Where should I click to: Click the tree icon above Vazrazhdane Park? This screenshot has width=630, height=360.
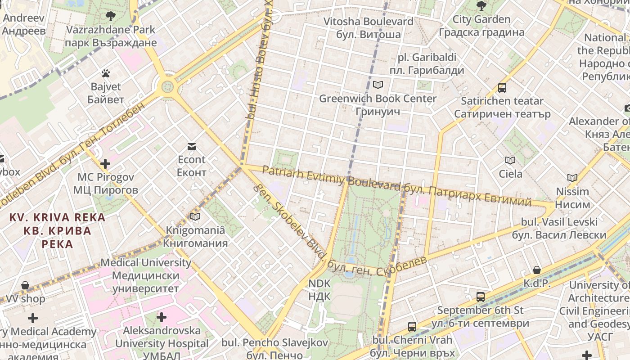(110, 17)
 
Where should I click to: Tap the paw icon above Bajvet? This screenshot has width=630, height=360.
(106, 73)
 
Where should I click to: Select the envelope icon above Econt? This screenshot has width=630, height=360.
(192, 146)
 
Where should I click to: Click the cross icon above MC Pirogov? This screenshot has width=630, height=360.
(105, 164)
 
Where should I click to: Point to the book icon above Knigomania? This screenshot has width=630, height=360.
(195, 217)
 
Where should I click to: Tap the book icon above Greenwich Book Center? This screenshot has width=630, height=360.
(378, 85)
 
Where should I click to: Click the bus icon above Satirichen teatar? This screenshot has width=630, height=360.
(502, 88)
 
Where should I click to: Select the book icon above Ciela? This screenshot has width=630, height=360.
(510, 161)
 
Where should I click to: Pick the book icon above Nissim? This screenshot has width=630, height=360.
(572, 178)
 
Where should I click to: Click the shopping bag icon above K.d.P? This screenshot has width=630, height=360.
(537, 270)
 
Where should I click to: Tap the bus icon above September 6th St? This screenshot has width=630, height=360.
(481, 297)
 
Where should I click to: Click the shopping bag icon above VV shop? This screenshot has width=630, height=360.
(25, 285)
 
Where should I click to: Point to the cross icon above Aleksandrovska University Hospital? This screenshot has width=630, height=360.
(162, 317)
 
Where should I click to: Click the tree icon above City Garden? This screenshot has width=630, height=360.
(481, 6)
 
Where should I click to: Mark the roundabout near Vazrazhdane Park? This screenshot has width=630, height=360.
(167, 85)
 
